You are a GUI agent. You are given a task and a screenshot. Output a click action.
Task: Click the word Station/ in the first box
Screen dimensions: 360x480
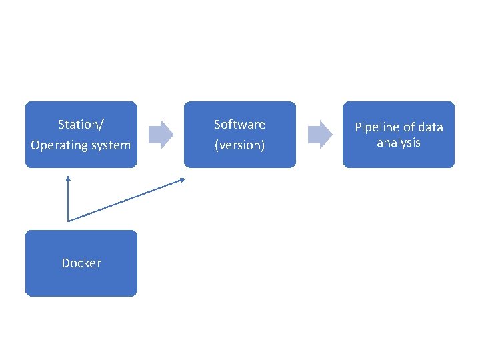tap(81, 124)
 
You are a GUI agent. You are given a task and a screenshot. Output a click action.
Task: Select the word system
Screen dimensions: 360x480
tap(110, 145)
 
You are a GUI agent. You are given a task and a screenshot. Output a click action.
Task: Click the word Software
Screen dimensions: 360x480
tap(239, 124)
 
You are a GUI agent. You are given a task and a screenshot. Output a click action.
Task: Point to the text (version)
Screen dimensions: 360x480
tap(239, 145)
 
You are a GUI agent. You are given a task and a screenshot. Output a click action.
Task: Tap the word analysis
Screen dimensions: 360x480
tap(399, 143)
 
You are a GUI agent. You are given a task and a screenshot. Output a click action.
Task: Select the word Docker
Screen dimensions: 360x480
tap(81, 263)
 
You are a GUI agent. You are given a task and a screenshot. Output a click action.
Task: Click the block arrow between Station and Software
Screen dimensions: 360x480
tap(161, 134)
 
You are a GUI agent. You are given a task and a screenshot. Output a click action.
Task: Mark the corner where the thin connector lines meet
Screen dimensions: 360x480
tap(68, 221)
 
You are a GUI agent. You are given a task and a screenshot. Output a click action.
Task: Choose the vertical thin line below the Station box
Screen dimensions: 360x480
tap(67, 200)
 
